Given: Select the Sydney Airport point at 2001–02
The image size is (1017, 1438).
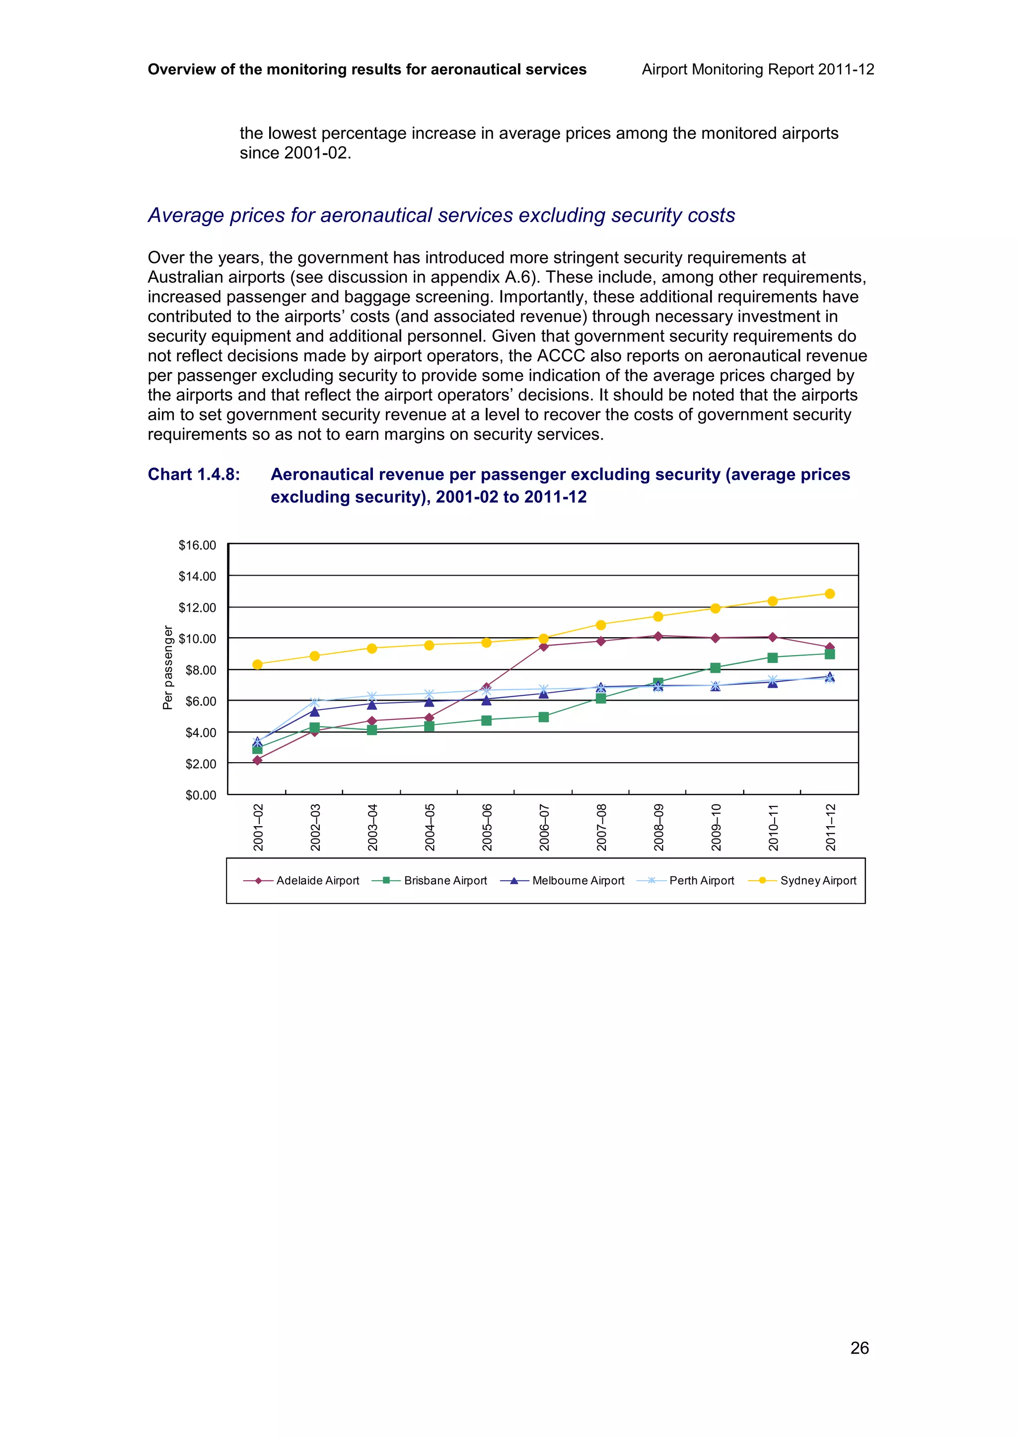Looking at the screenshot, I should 257,664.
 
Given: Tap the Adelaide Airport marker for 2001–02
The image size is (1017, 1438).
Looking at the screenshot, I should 257,760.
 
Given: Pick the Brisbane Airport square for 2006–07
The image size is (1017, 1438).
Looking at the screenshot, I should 543,717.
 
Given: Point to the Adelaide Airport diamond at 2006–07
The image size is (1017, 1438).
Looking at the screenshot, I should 543,647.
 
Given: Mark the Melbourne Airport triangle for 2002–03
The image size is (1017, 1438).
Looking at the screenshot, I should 314,711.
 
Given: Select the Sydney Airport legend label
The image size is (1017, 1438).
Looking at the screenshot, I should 818,881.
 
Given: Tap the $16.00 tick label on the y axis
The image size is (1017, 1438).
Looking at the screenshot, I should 197,545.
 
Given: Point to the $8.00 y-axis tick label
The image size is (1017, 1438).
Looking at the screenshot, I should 200,670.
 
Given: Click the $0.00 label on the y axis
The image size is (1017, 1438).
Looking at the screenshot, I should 200,795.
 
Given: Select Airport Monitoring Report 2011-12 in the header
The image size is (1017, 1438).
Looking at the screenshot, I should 758,69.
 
